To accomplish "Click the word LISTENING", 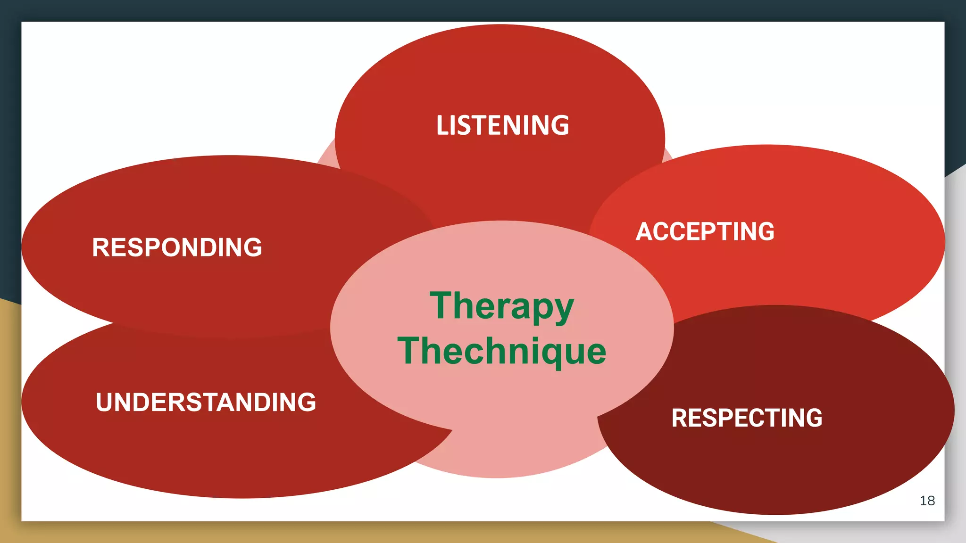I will coord(502,125).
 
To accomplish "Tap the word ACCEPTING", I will coord(705,232).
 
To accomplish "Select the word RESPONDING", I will coord(177,247).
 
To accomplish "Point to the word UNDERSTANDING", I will coord(206,402).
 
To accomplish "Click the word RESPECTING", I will coord(747,418).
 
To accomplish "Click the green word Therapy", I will coord(502,306).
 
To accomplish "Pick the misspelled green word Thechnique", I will coord(502,351).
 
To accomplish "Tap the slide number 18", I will coord(927,501).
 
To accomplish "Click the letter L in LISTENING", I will coord(442,125).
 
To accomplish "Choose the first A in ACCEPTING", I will coord(644,232).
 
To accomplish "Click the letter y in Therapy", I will coord(563,311).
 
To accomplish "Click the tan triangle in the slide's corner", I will coord(9,424).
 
